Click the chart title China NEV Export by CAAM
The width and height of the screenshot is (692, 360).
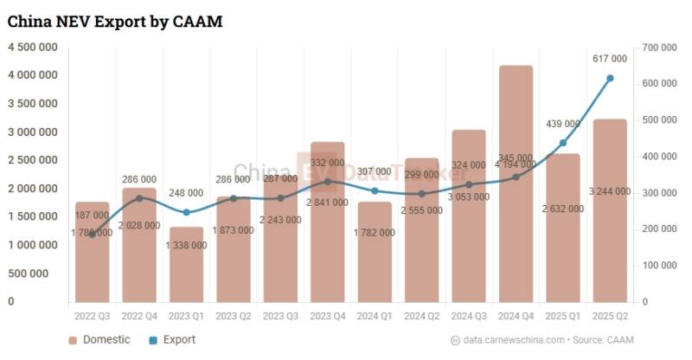coord(116,22)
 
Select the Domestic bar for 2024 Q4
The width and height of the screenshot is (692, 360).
coord(516,225)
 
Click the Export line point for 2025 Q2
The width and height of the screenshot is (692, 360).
coord(611,78)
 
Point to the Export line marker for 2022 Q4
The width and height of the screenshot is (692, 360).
coord(139,198)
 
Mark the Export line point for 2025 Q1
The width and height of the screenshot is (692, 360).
coord(563,143)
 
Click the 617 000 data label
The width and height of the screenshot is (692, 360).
coord(610,59)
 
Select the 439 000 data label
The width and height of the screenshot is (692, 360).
coord(563,124)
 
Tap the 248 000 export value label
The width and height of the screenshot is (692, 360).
coord(186,193)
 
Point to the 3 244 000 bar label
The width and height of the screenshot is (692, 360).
coord(611,191)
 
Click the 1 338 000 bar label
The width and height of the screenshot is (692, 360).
coord(186,245)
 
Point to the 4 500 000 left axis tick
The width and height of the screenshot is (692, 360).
coord(34,47)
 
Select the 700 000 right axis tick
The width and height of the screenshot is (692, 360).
coord(654,47)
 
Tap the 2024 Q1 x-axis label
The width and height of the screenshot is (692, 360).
coord(375,318)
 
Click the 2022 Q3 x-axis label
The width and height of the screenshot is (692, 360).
coord(92,318)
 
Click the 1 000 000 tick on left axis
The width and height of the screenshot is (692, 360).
coord(34,245)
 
